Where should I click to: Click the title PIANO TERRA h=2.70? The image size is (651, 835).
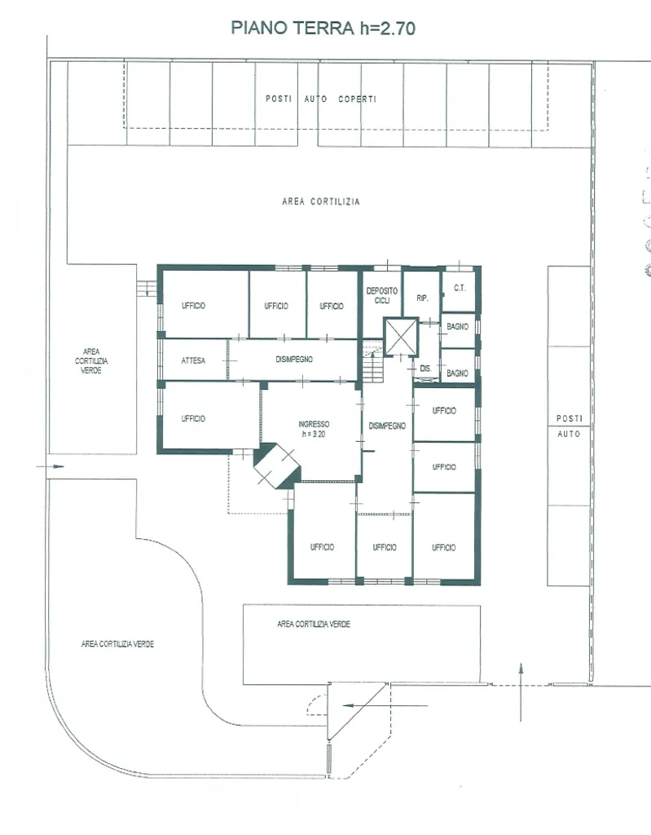(323, 28)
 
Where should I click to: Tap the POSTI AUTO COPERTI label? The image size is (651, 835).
(321, 99)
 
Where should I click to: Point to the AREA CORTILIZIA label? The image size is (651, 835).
(321, 201)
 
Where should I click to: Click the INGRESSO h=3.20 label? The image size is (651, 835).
(314, 429)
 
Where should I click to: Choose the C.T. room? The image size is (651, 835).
(459, 291)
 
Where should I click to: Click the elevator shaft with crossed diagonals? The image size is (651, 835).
(401, 337)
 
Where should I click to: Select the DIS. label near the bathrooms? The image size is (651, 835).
(425, 368)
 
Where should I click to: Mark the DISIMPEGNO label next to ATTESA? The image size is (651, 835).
(294, 360)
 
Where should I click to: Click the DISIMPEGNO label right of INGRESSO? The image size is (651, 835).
(387, 426)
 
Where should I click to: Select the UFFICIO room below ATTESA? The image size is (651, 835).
(211, 416)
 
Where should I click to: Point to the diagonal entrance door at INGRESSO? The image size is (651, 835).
(277, 466)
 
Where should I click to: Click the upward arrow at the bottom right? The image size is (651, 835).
(521, 692)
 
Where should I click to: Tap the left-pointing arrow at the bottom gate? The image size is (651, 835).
(385, 705)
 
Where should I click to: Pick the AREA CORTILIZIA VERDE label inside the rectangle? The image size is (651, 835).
(314, 624)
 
